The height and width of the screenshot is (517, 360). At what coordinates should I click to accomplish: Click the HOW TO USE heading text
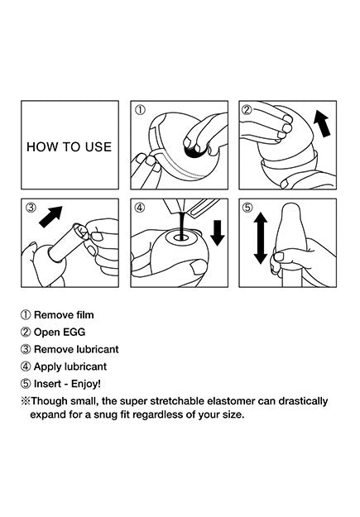70,147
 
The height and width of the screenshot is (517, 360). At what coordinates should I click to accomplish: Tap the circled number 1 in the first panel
140,110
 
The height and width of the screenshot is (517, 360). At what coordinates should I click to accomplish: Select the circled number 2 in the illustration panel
247,110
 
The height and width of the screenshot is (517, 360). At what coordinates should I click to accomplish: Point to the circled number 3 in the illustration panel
31,208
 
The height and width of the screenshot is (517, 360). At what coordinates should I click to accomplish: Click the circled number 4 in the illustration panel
140,208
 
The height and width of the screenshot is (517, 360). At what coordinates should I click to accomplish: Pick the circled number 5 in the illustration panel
247,208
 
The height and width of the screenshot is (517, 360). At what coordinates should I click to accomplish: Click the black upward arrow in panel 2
322,123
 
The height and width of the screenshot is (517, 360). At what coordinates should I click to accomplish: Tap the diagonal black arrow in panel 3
50,217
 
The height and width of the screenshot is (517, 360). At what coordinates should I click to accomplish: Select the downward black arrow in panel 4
217,233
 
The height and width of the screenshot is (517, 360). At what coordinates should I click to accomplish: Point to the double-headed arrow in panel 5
261,237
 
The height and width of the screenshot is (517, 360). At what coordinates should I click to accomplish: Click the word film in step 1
85,315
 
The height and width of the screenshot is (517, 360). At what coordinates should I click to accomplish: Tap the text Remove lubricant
76,349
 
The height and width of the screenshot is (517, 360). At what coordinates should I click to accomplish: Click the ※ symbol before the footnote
26,401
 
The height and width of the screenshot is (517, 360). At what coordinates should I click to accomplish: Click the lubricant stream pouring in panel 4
180,225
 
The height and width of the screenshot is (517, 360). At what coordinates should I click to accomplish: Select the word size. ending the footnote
233,414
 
